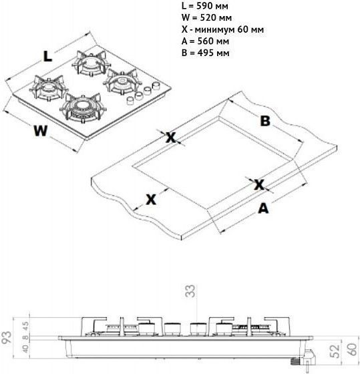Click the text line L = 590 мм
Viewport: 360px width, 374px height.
[x=204, y=6]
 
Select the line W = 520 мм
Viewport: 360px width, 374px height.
[x=206, y=17]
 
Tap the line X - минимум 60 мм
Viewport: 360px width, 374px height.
[x=222, y=29]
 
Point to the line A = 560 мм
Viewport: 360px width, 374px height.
[x=205, y=41]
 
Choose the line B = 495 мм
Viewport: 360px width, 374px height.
[x=206, y=53]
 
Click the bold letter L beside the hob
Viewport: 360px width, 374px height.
[x=47, y=57]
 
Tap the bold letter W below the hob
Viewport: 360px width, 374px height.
[x=41, y=131]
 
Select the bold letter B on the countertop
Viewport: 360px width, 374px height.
[x=265, y=121]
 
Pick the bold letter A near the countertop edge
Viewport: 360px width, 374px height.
[x=263, y=208]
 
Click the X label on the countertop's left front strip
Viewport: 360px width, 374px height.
[x=151, y=200]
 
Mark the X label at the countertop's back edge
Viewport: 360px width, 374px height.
[x=171, y=138]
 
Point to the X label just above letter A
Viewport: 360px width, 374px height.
[x=259, y=185]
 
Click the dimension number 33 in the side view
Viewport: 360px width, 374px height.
[x=190, y=291]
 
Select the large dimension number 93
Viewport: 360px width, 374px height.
[x=7, y=337]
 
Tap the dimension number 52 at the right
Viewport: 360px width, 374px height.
[x=336, y=351]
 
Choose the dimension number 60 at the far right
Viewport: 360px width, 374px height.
[x=353, y=349]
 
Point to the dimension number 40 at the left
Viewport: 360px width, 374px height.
[x=26, y=348]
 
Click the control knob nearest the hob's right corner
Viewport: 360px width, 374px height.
[x=156, y=85]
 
